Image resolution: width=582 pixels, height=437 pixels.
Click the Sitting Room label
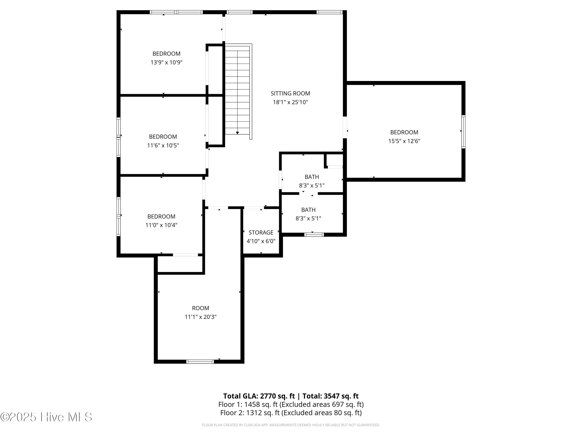pos(290,93)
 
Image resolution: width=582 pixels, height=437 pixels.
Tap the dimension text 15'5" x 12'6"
pos(404,141)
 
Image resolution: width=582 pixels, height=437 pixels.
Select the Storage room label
pos(261,232)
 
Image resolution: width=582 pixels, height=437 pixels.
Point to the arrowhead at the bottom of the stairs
pos(237,133)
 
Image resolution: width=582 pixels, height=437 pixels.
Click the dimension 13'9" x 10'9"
pos(166,62)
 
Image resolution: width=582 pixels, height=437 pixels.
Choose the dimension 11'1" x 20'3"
pos(200,317)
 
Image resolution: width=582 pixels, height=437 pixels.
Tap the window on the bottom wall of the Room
pos(200,362)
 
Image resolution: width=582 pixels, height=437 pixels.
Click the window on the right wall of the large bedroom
pos(463,132)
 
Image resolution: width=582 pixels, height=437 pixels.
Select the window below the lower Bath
pos(314,235)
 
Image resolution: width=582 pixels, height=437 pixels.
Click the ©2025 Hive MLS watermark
pos(46,417)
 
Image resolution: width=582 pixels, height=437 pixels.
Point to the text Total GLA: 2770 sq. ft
pos(259,396)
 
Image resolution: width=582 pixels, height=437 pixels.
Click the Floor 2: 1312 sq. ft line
pos(291,413)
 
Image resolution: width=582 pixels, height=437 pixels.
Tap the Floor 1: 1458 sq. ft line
pos(291,404)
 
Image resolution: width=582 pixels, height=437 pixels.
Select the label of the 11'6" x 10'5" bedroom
pos(163,137)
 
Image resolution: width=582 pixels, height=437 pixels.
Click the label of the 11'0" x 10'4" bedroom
pos(161,216)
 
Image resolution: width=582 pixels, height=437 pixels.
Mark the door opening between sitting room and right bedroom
pos(345,127)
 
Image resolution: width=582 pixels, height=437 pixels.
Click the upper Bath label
pos(312,177)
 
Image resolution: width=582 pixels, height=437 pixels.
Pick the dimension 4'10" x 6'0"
pos(261,241)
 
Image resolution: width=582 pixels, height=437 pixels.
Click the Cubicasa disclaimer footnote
pos(291,425)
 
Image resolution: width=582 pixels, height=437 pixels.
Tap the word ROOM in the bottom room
pos(200,308)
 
